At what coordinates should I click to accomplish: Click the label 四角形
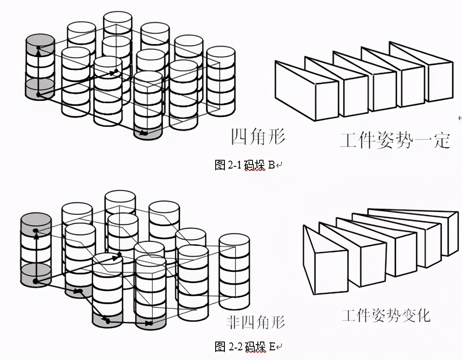(x=258, y=137)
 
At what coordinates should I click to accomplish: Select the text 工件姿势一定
(x=395, y=141)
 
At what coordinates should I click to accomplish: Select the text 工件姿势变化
(x=386, y=315)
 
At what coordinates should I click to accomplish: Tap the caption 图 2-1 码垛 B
(x=247, y=165)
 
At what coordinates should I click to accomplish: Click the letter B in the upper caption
(x=271, y=165)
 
